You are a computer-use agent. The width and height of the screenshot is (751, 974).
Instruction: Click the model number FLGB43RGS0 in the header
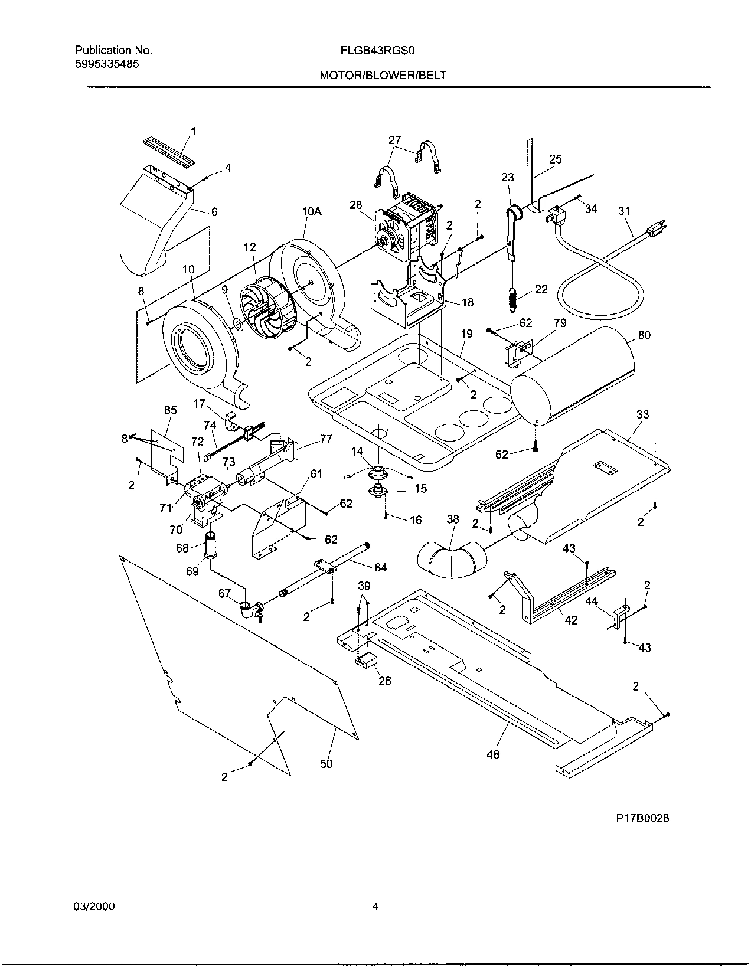tap(375, 51)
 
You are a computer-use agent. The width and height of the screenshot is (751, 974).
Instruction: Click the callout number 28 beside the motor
tap(355, 205)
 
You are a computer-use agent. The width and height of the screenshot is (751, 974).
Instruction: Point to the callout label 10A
tap(312, 212)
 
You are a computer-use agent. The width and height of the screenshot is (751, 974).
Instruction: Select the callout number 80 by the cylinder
tap(644, 335)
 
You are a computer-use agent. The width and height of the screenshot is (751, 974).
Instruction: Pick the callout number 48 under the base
tap(493, 754)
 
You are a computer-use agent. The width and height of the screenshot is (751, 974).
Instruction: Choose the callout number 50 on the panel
tap(326, 763)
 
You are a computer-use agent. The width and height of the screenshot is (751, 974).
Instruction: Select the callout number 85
tap(170, 410)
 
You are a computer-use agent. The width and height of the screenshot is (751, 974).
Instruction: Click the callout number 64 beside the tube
tap(381, 567)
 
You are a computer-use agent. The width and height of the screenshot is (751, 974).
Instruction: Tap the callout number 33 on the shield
tap(642, 414)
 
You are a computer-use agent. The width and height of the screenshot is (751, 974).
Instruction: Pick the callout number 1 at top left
tap(193, 131)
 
